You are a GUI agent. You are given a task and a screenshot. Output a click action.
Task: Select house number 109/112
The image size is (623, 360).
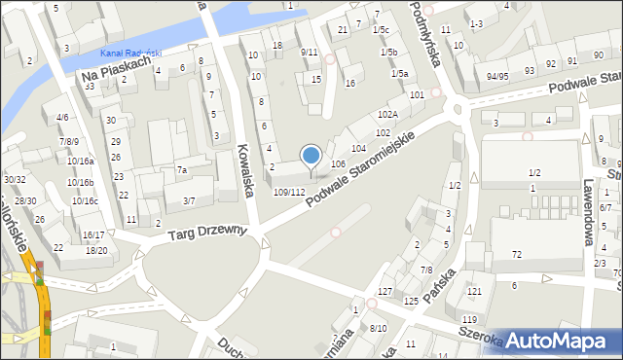tap(296, 192)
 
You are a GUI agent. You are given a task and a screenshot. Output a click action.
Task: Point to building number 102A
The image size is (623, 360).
tap(387, 115)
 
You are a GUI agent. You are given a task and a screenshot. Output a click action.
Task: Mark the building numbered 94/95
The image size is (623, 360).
tap(497, 76)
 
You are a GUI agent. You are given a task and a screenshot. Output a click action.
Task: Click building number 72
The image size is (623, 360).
tap(516, 254)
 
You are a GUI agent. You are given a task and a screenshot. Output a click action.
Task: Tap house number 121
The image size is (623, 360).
tap(474, 292)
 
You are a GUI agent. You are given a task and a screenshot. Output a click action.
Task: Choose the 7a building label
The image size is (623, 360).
tap(181, 170)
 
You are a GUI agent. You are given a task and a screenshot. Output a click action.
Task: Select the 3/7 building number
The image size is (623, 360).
tap(189, 201)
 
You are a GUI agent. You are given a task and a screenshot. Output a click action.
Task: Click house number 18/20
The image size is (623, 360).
tap(96, 250)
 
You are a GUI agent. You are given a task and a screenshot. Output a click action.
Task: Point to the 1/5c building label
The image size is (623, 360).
tap(380, 31)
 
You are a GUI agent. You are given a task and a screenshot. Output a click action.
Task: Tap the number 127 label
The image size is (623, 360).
tap(385, 292)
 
